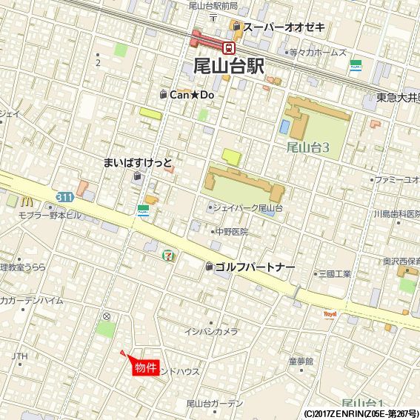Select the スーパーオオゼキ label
click(x=284, y=27)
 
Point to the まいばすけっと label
click(x=138, y=162)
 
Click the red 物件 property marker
click(x=145, y=366)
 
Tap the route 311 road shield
click(x=64, y=196)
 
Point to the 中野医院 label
click(x=231, y=232)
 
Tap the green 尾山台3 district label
click(x=307, y=147)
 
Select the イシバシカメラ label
click(x=211, y=332)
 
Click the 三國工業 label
click(x=334, y=274)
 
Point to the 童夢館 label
click(x=301, y=361)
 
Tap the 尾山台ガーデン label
click(x=215, y=403)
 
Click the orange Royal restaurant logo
click(x=330, y=314)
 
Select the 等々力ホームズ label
click(x=318, y=53)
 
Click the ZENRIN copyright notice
click(x=361, y=414)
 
